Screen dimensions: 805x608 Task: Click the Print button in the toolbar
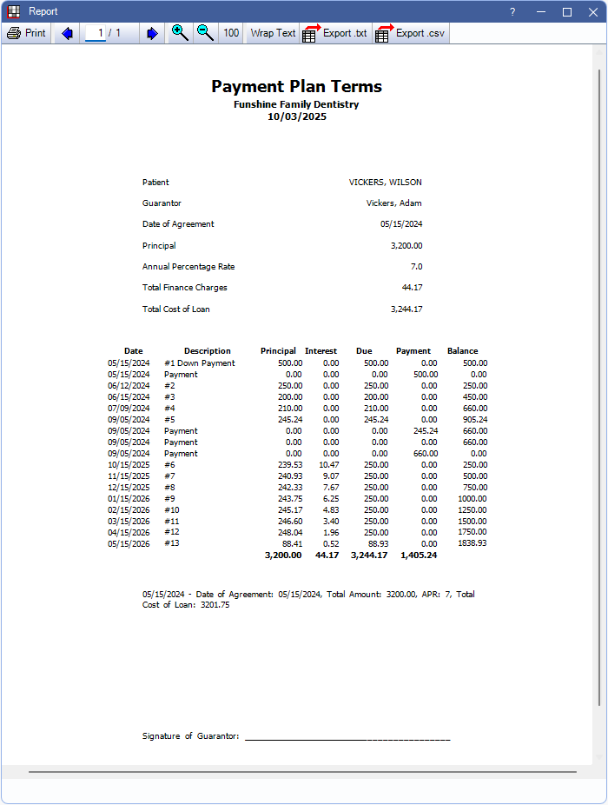pos(26,33)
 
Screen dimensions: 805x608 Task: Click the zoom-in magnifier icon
pos(180,33)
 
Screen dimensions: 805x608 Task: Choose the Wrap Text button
pos(273,33)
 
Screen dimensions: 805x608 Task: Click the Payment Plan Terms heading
pos(296,86)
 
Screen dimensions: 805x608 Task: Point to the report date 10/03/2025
pos(296,116)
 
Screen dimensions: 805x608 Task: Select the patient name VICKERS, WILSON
pos(385,183)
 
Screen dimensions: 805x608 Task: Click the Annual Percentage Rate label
pos(188,267)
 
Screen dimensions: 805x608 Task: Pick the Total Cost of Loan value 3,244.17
pos(406,309)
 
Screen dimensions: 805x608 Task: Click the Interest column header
pos(321,351)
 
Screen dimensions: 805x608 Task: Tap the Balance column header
pos(462,351)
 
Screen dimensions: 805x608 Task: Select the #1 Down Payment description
pos(199,363)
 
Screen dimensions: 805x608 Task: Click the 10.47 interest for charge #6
pos(329,465)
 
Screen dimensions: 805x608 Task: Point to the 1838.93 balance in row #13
pos(472,543)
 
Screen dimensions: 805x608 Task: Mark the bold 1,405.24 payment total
pos(419,555)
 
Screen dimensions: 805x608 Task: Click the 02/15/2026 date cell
pos(129,509)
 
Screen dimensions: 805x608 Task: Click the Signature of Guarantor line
pos(347,737)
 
